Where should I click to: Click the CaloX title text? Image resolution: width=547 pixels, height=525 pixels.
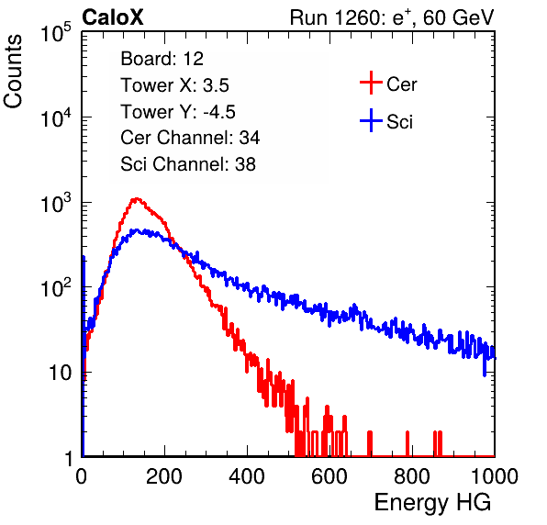[x=113, y=17]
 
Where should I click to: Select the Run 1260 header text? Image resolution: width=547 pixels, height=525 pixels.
[x=336, y=17]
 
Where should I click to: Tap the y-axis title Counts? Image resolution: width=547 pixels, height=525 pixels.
[x=13, y=72]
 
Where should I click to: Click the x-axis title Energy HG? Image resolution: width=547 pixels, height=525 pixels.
[x=432, y=503]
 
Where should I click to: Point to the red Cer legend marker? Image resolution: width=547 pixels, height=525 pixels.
[x=371, y=83]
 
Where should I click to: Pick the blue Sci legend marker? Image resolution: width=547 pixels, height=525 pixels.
[x=371, y=120]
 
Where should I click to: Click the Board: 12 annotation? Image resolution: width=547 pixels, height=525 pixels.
[x=162, y=59]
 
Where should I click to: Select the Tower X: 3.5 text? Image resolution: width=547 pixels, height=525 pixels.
[x=174, y=85]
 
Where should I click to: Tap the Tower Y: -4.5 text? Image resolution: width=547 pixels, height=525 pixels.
[x=178, y=112]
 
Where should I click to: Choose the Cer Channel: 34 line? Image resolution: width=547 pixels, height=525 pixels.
[x=190, y=138]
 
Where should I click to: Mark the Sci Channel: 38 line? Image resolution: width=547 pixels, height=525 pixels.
[x=188, y=164]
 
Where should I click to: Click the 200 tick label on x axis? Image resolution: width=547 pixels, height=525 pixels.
[x=164, y=476]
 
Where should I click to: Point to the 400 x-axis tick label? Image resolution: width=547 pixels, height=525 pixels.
[x=247, y=476]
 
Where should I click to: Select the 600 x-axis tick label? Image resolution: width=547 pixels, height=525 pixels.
[x=329, y=476]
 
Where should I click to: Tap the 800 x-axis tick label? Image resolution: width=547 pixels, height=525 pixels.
[x=412, y=476]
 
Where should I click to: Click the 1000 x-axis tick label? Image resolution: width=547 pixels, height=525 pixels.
[x=495, y=476]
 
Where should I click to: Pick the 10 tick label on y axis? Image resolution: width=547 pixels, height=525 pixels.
[x=61, y=373]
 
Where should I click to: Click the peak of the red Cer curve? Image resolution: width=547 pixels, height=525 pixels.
[x=136, y=199]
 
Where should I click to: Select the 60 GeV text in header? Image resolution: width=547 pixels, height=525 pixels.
[x=458, y=17]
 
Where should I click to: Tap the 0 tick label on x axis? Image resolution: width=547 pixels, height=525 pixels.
[x=81, y=476]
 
